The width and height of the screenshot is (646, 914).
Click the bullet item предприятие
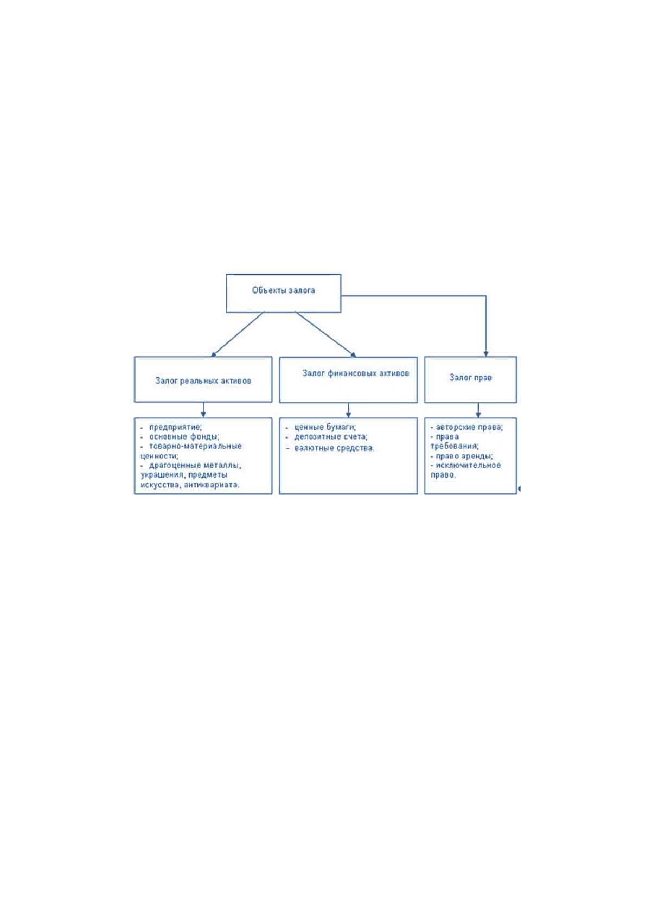coord(175,427)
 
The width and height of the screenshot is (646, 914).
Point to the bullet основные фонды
coord(184,436)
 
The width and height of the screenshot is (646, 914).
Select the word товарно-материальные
coord(195,446)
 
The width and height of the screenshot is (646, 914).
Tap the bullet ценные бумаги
coord(325,427)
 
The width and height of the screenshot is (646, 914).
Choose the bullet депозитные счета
coord(331,436)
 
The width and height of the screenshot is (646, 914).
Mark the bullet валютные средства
coord(334,448)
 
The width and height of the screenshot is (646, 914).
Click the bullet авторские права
coord(469,427)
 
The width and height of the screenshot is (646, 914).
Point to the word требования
coord(455,446)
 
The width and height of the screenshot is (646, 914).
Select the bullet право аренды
coord(464,456)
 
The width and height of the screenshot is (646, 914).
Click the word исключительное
coord(468,465)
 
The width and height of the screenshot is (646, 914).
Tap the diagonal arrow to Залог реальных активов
coord(238,334)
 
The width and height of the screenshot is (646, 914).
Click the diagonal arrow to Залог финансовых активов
coord(325,334)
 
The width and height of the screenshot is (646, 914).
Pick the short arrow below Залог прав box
coord(478,410)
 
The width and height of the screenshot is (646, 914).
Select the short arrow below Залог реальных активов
coord(203,410)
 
